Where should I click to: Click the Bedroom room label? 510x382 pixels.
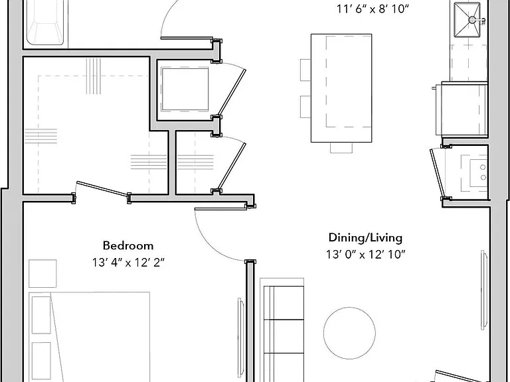pos(128,245)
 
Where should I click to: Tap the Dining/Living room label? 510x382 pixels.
pos(365,238)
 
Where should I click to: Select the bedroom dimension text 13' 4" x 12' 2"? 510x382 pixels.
pos(128,262)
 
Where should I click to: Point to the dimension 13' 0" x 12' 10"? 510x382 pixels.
pos(366,254)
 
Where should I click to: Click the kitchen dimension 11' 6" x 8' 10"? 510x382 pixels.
pos(372,9)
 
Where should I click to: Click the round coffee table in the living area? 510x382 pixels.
pos(349,333)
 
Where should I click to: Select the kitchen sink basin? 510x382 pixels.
pos(467,19)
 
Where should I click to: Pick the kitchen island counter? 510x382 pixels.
pos(341,88)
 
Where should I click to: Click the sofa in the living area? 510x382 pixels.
pos(282,330)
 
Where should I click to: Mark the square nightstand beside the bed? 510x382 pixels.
pos(42,273)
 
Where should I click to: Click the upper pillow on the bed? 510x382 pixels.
pos(41,315)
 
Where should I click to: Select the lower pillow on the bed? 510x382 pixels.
pos(41,360)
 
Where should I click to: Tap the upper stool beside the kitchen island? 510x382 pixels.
pos(305,70)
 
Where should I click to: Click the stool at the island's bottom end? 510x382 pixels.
pos(341,147)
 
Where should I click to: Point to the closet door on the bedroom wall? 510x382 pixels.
pos(101,190)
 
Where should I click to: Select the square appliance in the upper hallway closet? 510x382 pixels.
pos(185,90)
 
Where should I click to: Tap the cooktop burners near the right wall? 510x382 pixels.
pos(483,172)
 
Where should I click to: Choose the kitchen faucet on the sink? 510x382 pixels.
pos(477,20)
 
